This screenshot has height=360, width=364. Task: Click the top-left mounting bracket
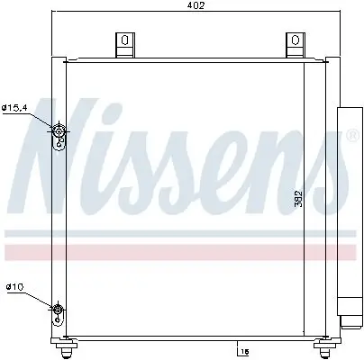point(120,43)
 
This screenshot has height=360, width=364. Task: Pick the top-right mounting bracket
point(294,43)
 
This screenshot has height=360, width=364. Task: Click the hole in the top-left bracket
point(120,39)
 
